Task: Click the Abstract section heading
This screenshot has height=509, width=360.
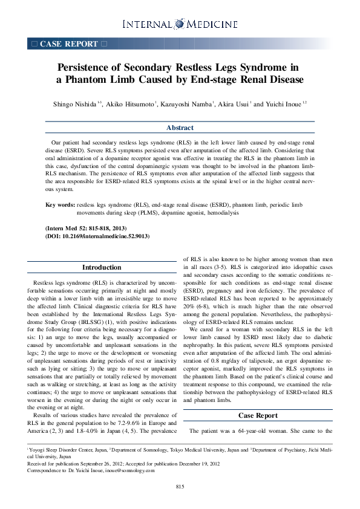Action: [180, 128]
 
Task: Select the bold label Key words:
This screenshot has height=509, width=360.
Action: [61, 206]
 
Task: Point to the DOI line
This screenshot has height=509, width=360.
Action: [97, 236]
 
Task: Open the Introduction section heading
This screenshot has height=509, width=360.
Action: [101, 268]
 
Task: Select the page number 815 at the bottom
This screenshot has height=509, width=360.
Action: [180, 487]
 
